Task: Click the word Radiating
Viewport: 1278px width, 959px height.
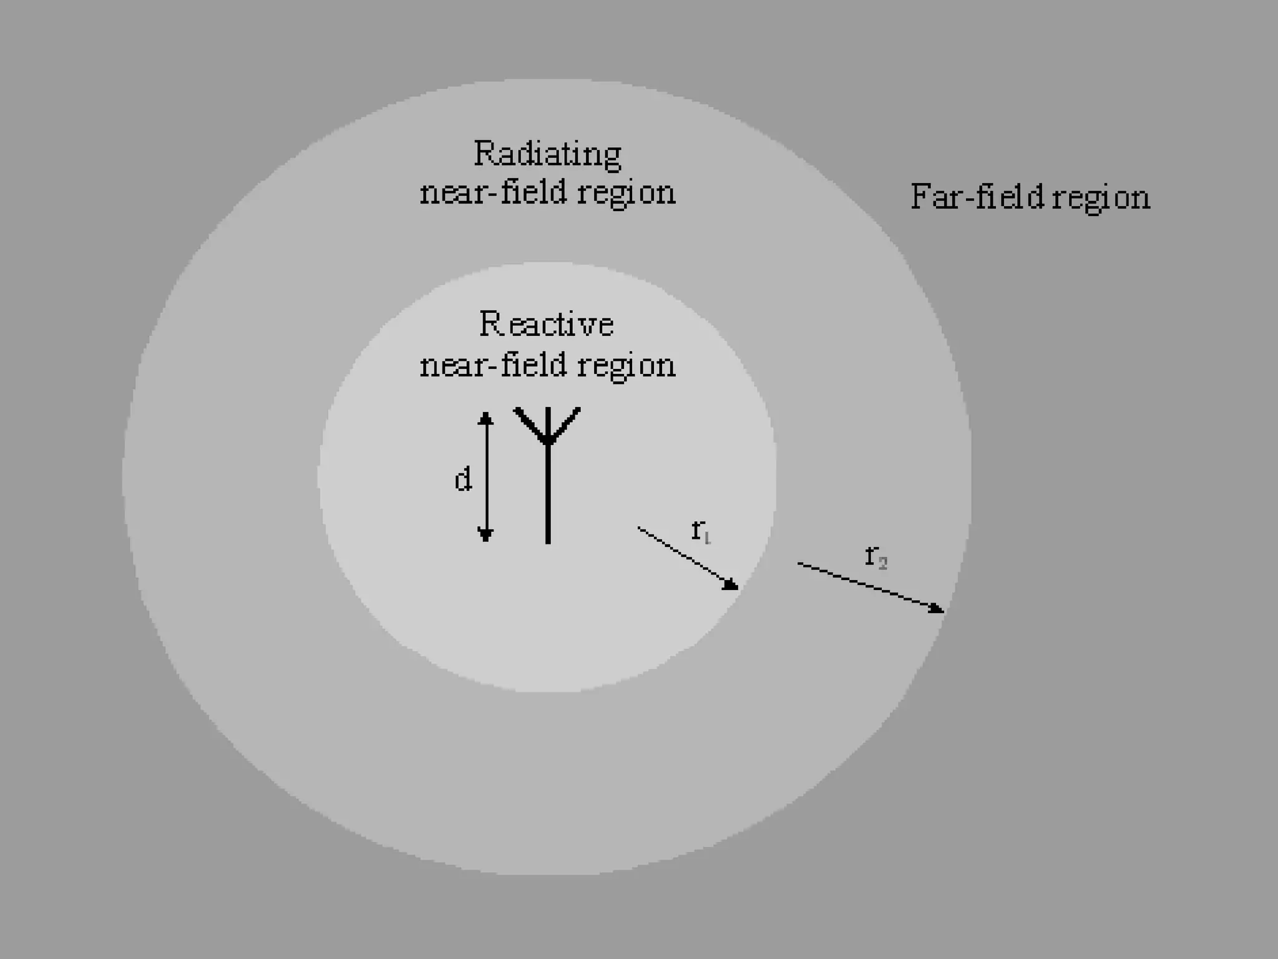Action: pyautogui.click(x=547, y=154)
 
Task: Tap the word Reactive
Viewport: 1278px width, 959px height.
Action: pyautogui.click(x=547, y=325)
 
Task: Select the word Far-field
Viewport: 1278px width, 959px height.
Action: pyautogui.click(x=977, y=197)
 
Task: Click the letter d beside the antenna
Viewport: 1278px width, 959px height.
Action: pyautogui.click(x=462, y=481)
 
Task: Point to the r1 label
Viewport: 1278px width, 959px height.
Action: pyautogui.click(x=701, y=531)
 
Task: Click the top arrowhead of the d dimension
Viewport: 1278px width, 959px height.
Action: pyautogui.click(x=485, y=417)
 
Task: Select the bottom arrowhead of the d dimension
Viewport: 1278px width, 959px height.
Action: pyautogui.click(x=485, y=536)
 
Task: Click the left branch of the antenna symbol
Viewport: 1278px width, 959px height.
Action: pyautogui.click(x=530, y=425)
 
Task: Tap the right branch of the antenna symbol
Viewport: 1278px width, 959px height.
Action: pyautogui.click(x=565, y=425)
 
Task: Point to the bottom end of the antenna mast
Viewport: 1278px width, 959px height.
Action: pyautogui.click(x=548, y=541)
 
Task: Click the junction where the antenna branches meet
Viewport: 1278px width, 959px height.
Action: pyautogui.click(x=548, y=442)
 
